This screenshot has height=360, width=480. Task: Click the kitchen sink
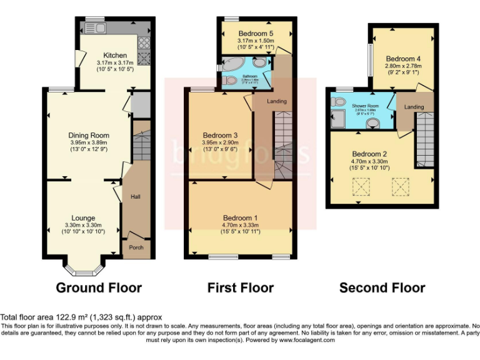click(x=100, y=29)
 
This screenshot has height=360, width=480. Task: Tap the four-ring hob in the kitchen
click(x=143, y=42)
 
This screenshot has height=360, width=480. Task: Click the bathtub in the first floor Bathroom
click(x=236, y=65)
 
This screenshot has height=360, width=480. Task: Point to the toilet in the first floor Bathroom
click(x=260, y=62)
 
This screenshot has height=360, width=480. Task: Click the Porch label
click(x=136, y=247)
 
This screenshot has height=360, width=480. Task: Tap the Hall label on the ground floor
click(x=135, y=197)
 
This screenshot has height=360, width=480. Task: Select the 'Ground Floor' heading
click(x=99, y=288)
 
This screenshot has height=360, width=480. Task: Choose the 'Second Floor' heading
click(x=382, y=288)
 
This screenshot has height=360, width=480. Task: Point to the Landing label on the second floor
click(x=414, y=107)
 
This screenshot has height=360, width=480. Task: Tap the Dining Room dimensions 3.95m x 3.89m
click(x=89, y=142)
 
